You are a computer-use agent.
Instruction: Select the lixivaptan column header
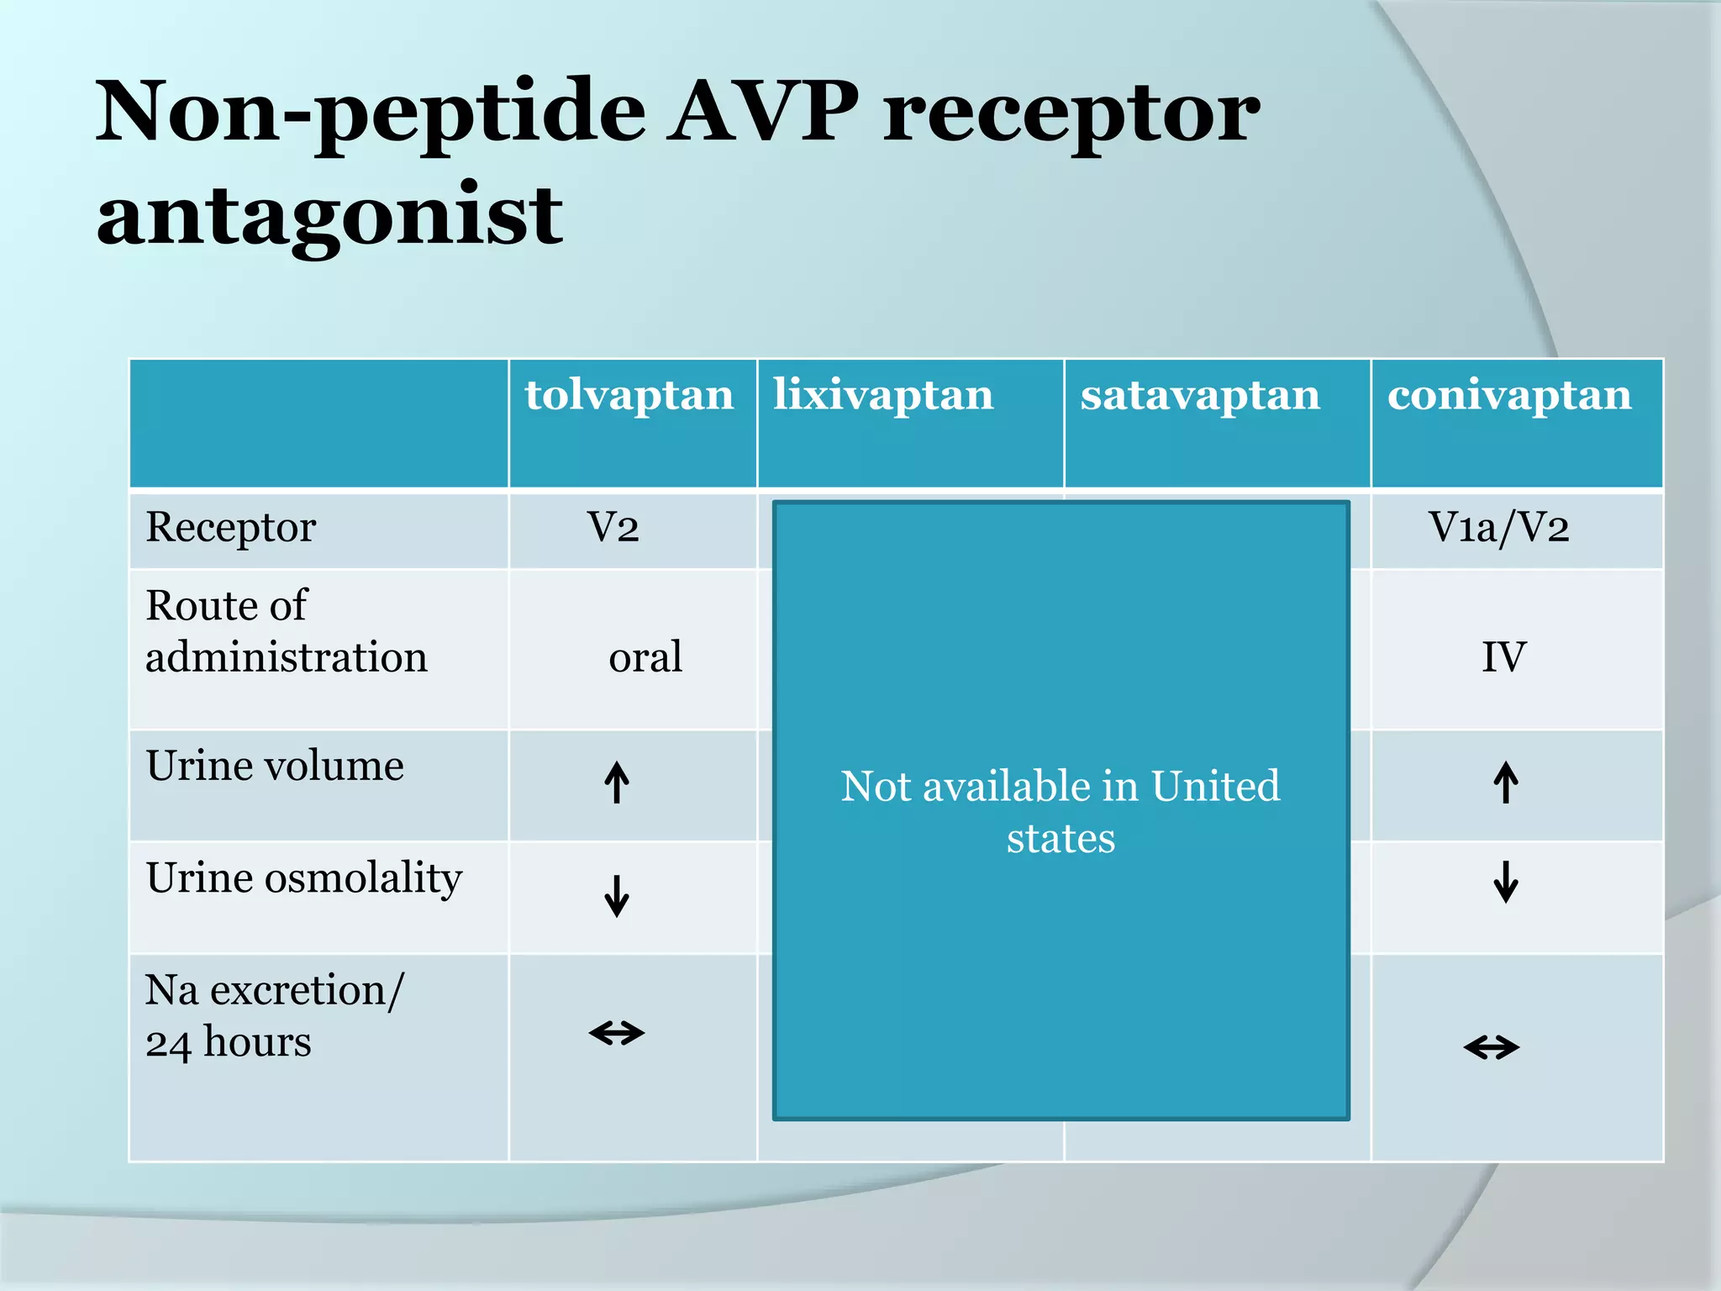tap(883, 394)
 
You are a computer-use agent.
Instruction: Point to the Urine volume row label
tap(275, 766)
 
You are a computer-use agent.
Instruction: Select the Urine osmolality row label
tap(304, 878)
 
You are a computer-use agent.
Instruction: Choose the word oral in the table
tap(645, 656)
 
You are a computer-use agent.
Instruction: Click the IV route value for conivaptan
tap(1503, 656)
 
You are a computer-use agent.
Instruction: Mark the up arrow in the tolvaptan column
tap(617, 783)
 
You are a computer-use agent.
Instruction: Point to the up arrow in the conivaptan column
tap(1506, 783)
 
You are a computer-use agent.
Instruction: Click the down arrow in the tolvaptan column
tap(617, 896)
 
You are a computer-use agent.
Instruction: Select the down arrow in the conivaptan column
tap(1506, 882)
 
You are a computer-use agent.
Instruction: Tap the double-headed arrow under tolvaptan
tap(617, 1032)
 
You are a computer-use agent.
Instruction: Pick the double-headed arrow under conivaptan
tap(1492, 1047)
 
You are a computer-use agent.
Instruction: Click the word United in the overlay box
tap(1215, 787)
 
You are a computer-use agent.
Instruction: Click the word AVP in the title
tap(763, 112)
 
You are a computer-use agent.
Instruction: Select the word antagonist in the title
tap(329, 216)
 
